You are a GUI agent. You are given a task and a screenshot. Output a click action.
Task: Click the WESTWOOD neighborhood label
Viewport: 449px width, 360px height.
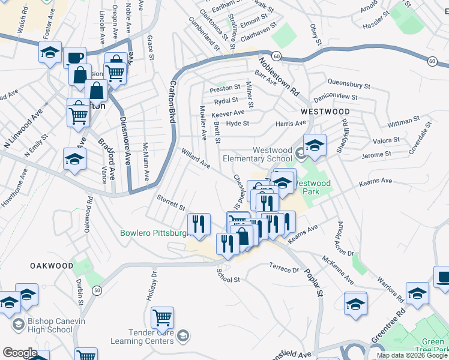[325, 112]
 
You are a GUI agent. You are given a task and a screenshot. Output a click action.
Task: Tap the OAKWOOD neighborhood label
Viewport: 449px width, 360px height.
[52, 265]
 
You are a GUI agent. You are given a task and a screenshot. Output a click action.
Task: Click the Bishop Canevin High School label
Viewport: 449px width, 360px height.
[56, 325]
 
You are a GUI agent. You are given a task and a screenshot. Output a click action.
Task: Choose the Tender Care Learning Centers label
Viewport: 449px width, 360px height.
[143, 337]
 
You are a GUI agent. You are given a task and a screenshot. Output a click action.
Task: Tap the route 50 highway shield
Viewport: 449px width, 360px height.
[97, 290]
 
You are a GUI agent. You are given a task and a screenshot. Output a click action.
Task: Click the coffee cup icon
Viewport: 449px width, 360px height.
[75, 58]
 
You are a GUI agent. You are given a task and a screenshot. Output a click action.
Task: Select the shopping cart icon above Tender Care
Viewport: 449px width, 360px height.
[162, 317]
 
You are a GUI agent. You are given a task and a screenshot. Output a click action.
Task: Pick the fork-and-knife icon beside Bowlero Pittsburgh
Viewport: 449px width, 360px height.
[199, 224]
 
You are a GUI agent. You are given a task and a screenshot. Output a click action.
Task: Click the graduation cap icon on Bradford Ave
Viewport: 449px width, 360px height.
[75, 160]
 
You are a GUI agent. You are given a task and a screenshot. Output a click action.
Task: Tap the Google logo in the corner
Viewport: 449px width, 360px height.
[20, 353]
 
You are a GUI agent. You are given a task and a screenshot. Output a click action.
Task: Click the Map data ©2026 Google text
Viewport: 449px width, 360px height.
[411, 355]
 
